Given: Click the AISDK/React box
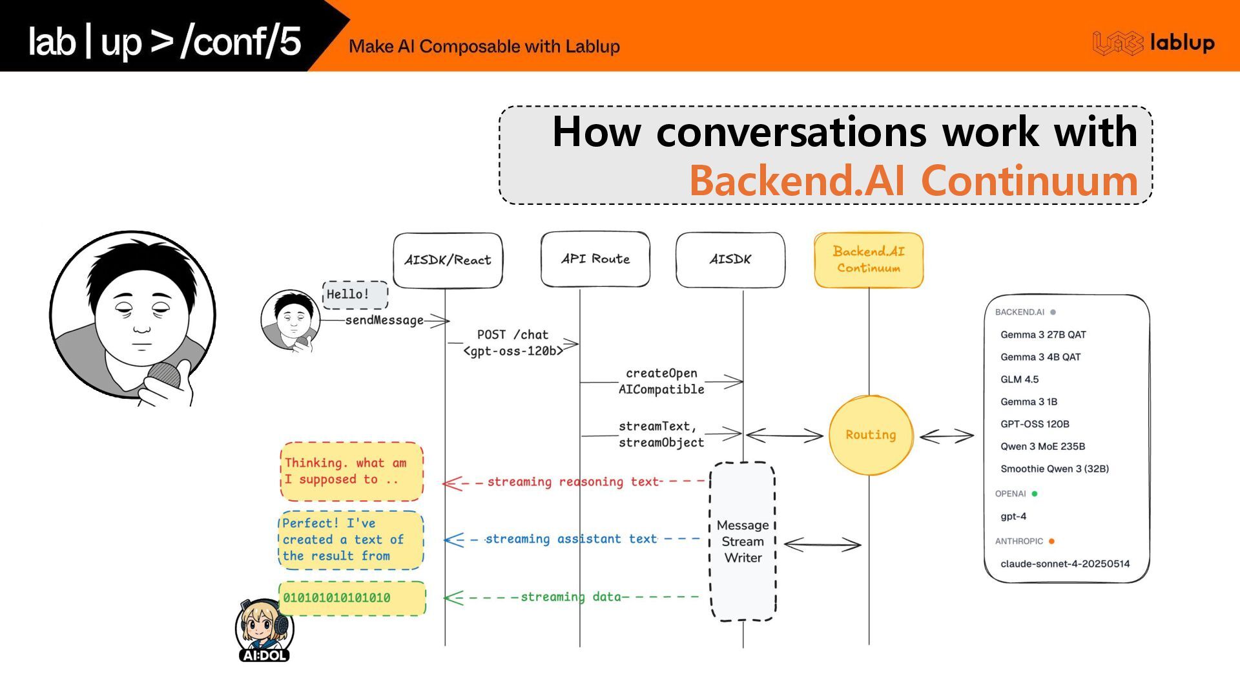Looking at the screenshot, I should (x=448, y=260).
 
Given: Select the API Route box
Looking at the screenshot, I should (x=595, y=259).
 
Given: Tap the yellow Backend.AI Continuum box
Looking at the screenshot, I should (x=869, y=260).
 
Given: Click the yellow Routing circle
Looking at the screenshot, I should (x=871, y=435).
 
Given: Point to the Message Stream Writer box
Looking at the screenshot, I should (x=743, y=542).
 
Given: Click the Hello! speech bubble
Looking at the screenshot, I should (x=355, y=295).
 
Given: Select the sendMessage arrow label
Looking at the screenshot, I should (x=384, y=320).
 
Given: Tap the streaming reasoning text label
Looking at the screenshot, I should (x=573, y=481).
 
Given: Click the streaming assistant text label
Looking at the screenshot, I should (x=571, y=539).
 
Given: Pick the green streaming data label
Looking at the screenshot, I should (x=570, y=597).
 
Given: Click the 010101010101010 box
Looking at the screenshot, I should (x=352, y=598).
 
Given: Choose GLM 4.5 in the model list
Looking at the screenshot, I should (x=1019, y=379).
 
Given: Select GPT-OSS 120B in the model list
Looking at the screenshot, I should (x=1035, y=424).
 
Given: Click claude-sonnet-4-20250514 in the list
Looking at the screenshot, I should (x=1065, y=564).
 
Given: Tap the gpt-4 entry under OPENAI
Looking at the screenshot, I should (x=1013, y=516).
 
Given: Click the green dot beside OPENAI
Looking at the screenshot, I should (x=1035, y=494).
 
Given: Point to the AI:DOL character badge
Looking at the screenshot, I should (x=264, y=631).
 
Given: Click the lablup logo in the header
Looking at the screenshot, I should (x=1153, y=43).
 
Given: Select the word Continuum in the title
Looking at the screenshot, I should (x=1029, y=180).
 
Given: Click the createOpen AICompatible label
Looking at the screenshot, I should (x=661, y=381).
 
